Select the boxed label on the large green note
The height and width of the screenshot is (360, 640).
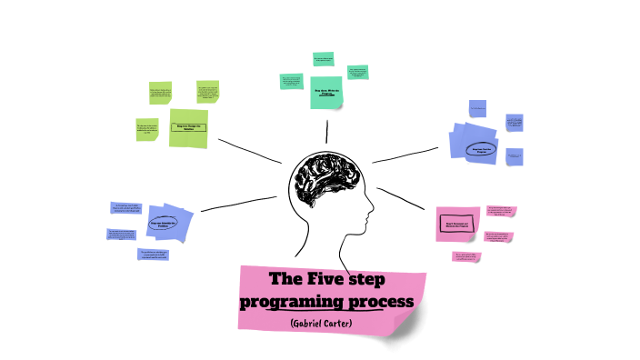[189, 128]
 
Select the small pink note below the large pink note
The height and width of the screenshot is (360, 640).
[466, 256]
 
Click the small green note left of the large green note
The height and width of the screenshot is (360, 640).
[147, 129]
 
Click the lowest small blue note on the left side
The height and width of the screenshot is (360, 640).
[154, 255]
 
